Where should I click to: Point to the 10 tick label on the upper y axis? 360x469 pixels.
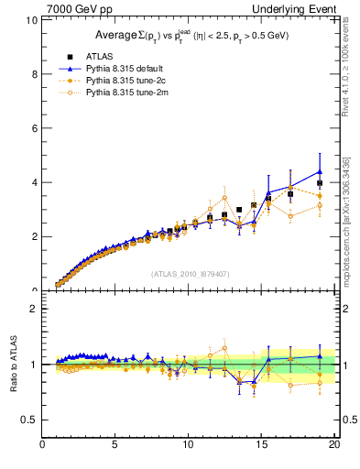point(31,20)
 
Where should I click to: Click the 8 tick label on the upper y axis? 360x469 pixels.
point(34,74)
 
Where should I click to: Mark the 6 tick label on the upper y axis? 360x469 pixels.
point(34,128)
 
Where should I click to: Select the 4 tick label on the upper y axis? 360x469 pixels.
point(34,182)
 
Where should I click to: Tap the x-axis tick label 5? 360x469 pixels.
point(115,446)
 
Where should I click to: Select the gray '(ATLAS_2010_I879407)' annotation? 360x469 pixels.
point(190,273)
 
